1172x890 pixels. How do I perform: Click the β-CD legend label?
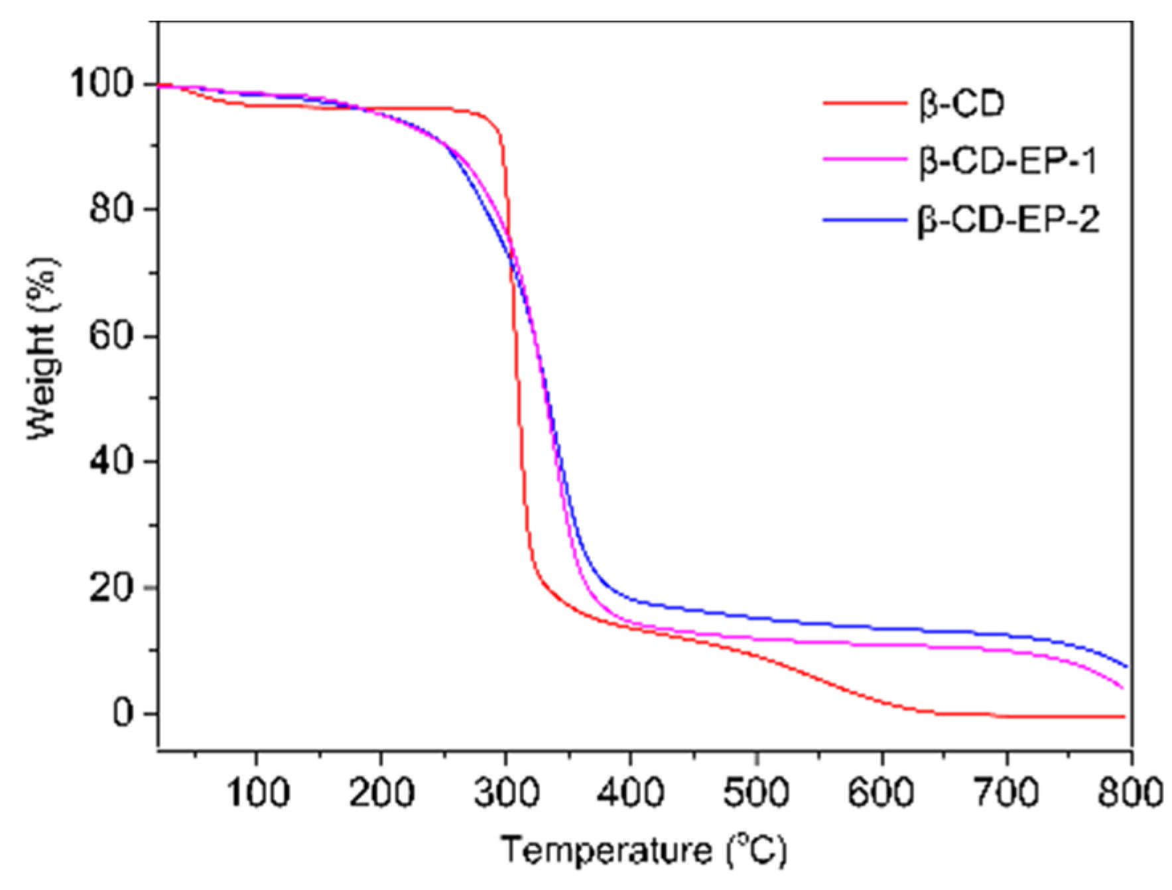coord(962,104)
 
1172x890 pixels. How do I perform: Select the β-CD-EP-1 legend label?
coord(1008,161)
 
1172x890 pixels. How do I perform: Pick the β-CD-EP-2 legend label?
coord(1008,220)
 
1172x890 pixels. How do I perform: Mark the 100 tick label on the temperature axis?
coord(257,793)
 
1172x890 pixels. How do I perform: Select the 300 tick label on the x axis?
coord(507,793)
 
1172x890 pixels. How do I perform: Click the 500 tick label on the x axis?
coord(757,793)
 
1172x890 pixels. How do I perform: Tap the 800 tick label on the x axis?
coord(1131,793)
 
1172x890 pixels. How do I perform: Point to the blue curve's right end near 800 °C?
coord(1126,666)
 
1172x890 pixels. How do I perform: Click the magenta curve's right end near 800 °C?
coord(1122,688)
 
